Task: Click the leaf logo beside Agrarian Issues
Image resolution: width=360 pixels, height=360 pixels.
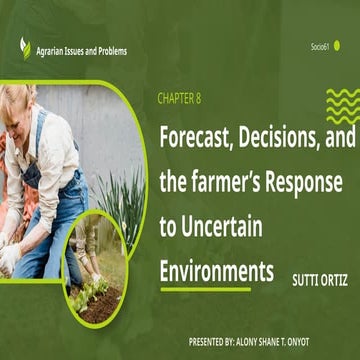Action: click(x=24, y=46)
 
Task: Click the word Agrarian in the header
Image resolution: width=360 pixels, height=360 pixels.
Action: click(x=54, y=50)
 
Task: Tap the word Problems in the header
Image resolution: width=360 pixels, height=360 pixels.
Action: click(x=109, y=50)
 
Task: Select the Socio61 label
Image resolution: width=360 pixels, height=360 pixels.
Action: click(x=319, y=46)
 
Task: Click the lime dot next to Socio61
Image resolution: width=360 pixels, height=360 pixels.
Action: click(x=338, y=45)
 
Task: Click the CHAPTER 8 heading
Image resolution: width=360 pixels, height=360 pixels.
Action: click(x=184, y=98)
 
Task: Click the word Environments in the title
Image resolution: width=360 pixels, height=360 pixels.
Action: click(x=216, y=243)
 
